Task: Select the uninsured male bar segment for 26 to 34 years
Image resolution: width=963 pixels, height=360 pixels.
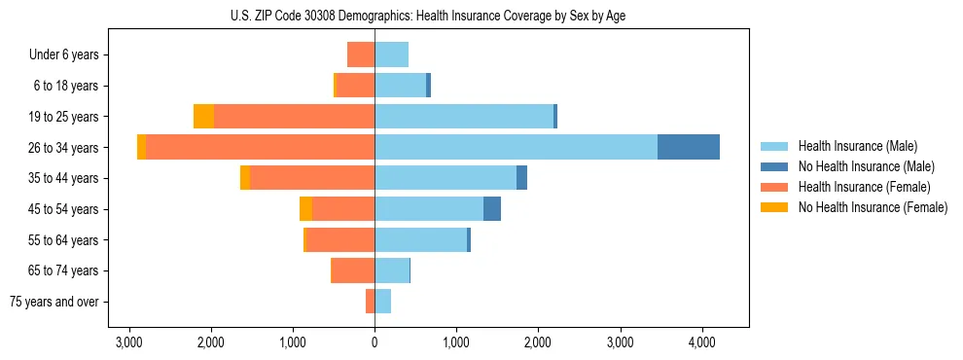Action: pyautogui.click(x=688, y=147)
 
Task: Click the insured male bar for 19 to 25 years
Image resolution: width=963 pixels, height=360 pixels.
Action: pyautogui.click(x=464, y=117)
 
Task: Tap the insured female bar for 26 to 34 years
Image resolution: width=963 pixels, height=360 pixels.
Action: pyautogui.click(x=260, y=147)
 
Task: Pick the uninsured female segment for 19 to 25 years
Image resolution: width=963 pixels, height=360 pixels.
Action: pyautogui.click(x=203, y=117)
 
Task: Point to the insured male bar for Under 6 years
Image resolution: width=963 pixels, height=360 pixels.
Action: pyautogui.click(x=391, y=54)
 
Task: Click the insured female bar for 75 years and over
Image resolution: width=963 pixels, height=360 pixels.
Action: pyautogui.click(x=370, y=302)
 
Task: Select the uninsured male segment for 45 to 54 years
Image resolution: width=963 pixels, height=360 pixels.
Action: pyautogui.click(x=492, y=209)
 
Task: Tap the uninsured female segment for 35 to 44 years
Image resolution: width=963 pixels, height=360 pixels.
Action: pyautogui.click(x=245, y=178)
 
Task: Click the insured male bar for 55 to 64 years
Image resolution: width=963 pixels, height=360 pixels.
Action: pyautogui.click(x=420, y=240)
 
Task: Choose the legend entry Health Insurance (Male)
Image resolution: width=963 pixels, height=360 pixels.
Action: pyautogui.click(x=857, y=146)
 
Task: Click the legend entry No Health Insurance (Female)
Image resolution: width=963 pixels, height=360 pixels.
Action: pyautogui.click(x=873, y=207)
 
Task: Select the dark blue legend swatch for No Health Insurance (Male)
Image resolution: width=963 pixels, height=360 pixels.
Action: pyautogui.click(x=774, y=166)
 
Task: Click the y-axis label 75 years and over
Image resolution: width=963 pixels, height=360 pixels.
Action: pyautogui.click(x=54, y=302)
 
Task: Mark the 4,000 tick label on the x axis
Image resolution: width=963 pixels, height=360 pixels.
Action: pyautogui.click(x=702, y=342)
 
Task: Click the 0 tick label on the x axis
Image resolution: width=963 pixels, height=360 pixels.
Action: pyautogui.click(x=374, y=342)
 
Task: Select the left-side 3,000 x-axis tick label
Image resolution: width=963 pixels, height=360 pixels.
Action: pyautogui.click(x=128, y=342)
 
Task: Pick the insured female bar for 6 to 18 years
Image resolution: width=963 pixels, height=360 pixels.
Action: pyautogui.click(x=355, y=86)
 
